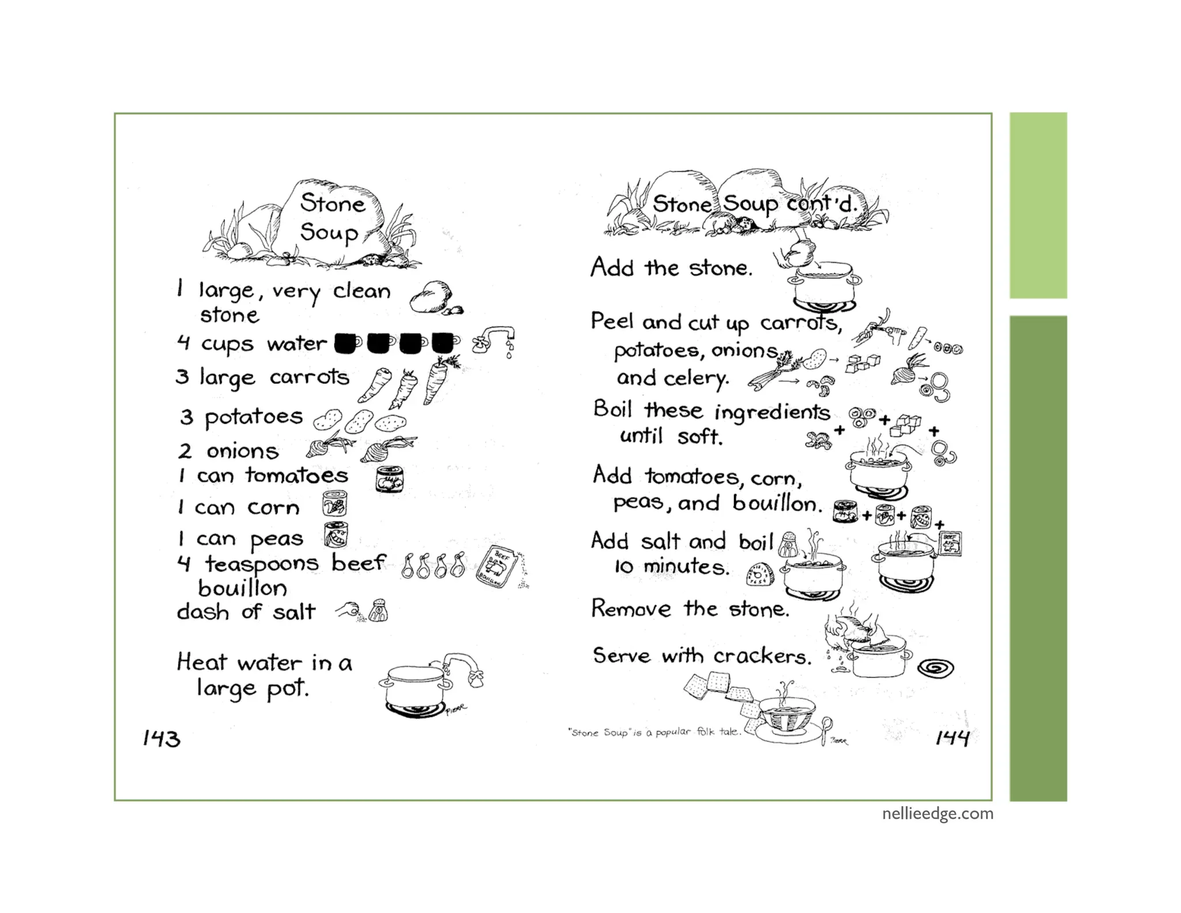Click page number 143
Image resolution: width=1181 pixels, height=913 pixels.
161,738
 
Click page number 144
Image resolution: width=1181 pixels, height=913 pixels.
952,737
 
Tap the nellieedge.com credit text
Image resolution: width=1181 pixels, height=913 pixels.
938,814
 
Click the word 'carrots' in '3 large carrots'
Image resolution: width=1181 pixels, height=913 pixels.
309,377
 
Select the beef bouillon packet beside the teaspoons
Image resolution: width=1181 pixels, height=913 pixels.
495,567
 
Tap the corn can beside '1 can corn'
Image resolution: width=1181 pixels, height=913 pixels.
334,504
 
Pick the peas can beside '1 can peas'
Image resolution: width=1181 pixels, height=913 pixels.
336,535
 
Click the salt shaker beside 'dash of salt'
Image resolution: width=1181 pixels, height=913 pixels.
378,611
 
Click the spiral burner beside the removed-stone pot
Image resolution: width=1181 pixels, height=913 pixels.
935,668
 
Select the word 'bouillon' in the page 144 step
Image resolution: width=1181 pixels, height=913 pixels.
776,503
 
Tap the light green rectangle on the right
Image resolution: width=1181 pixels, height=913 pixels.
1038,205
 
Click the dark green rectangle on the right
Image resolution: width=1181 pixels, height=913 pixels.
1038,557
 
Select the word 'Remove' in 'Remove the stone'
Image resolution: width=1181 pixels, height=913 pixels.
631,609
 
